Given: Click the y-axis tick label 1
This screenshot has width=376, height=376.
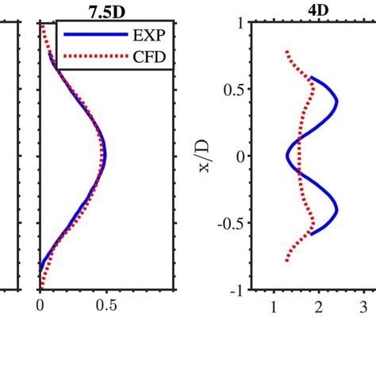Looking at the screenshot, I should (x=236, y=23).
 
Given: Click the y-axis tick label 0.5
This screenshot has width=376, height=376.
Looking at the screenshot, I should (x=231, y=90).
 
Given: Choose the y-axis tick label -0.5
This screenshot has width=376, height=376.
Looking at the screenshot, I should (x=228, y=224).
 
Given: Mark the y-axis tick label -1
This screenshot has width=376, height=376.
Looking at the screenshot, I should (x=233, y=290).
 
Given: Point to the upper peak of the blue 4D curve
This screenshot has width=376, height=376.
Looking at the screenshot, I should (x=337, y=103).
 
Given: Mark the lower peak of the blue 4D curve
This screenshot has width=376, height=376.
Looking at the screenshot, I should (x=337, y=209).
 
